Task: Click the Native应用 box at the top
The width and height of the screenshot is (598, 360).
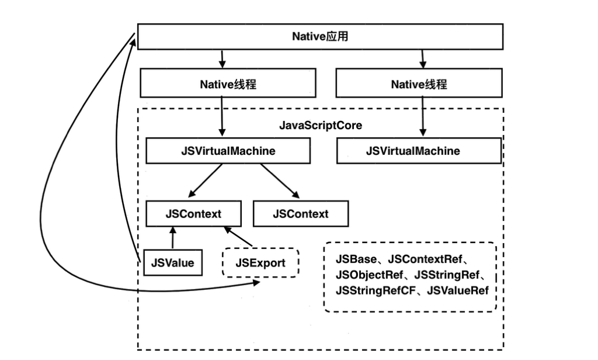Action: click(320, 37)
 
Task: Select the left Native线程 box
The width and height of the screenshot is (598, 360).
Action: click(228, 84)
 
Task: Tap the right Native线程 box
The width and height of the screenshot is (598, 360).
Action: click(419, 84)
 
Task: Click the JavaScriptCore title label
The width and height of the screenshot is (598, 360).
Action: click(320, 125)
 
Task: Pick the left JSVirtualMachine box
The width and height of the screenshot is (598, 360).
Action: click(228, 151)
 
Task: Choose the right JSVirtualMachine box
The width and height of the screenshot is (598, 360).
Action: click(419, 151)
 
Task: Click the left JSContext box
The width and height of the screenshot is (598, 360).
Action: click(193, 214)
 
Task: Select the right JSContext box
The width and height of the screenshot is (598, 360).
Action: click(300, 214)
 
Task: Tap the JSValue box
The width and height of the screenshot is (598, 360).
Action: click(172, 262)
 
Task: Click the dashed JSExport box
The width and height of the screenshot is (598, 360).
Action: click(260, 262)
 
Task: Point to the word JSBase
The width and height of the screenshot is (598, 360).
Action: click(356, 259)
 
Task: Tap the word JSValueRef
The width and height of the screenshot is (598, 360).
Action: click(458, 290)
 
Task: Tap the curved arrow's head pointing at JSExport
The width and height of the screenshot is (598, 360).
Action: click(257, 283)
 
